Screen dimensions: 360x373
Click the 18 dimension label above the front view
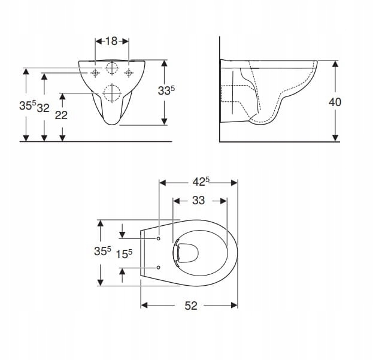pyautogui.click(x=111, y=41)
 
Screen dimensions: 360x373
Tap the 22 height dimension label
pyautogui.click(x=61, y=115)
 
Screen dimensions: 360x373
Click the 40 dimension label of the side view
pyautogui.click(x=335, y=102)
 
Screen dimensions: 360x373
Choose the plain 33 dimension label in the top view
pyautogui.click(x=199, y=201)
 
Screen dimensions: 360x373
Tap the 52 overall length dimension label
pyautogui.click(x=190, y=305)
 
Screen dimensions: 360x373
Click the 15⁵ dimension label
pyautogui.click(x=123, y=253)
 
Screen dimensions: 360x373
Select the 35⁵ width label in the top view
pyautogui.click(x=102, y=252)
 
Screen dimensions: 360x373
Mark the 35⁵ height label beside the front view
pyautogui.click(x=26, y=106)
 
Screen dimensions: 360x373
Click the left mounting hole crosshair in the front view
pyautogui.click(x=95, y=73)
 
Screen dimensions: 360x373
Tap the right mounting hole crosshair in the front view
pyautogui.click(x=128, y=73)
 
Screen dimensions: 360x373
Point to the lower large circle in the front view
pyautogui.click(x=112, y=93)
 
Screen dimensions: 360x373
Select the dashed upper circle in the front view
pyautogui.click(x=112, y=67)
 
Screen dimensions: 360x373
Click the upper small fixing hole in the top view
pyautogui.click(x=158, y=239)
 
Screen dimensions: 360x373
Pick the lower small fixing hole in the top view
pyautogui.click(x=158, y=267)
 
